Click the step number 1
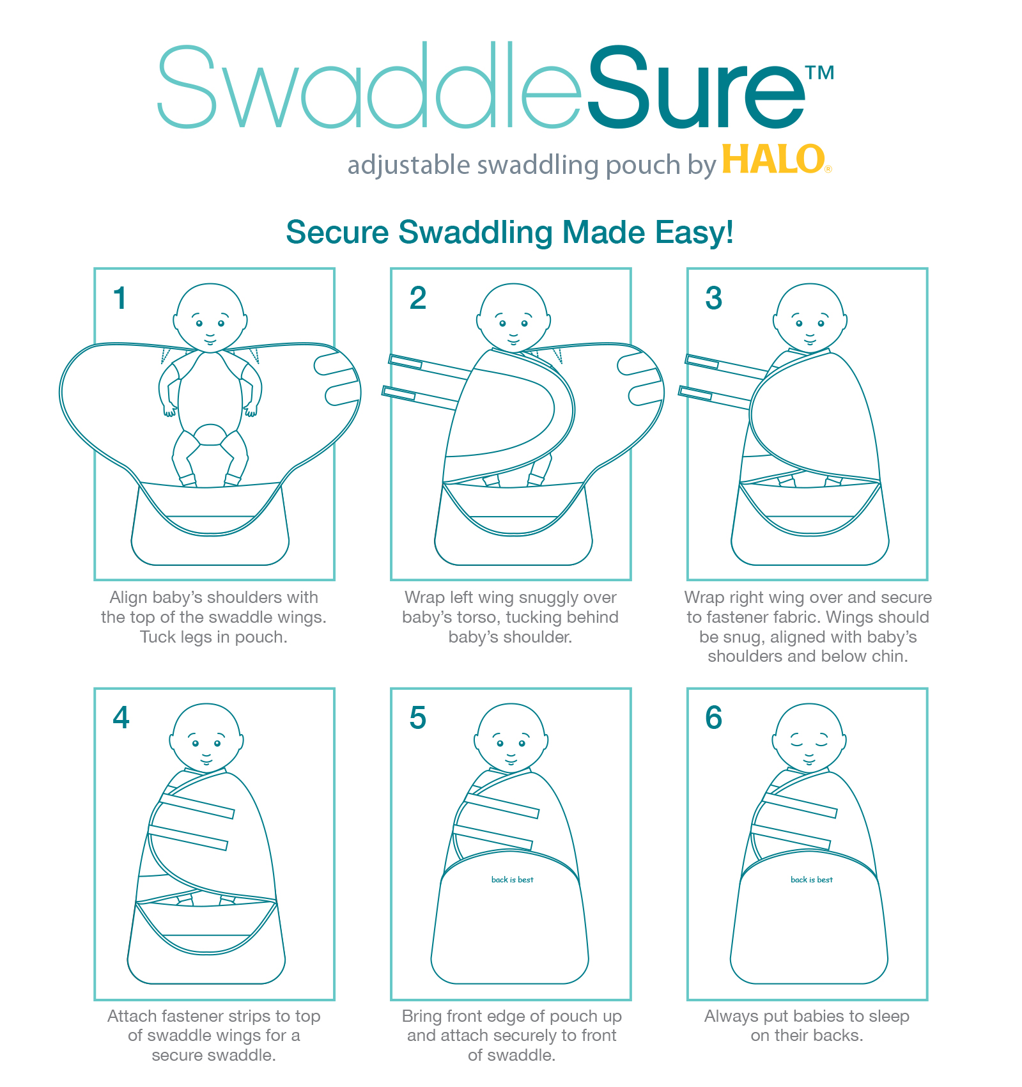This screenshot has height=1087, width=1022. point(120,298)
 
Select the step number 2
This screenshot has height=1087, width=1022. point(418,298)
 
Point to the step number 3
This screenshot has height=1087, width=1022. point(714,298)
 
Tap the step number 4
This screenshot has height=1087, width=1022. point(121,717)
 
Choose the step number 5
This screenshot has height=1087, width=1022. point(418,718)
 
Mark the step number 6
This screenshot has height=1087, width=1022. point(714,717)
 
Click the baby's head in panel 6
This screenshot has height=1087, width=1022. point(810,738)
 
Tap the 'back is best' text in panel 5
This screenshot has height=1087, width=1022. point(513,880)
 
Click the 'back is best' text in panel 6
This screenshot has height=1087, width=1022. point(812,880)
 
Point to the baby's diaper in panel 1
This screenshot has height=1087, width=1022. point(210,435)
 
